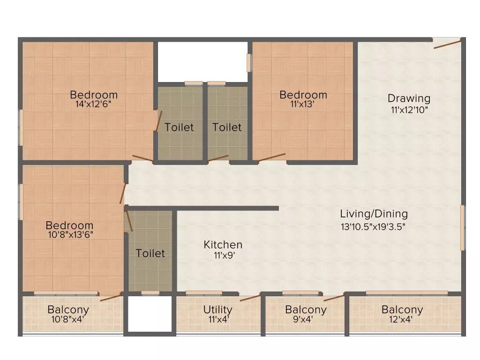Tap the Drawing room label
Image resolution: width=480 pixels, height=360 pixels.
coord(409,98)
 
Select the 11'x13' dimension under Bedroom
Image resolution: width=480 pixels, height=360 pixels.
coord(302,105)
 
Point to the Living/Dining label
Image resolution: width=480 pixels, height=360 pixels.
coord(374,214)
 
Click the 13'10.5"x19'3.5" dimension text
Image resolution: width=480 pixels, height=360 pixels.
coord(374,226)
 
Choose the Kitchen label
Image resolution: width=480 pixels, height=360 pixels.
coord(223,245)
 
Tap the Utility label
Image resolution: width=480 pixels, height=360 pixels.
coord(217,309)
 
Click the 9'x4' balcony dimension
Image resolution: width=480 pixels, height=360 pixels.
coord(305,320)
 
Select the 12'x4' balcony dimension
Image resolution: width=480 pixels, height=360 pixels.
coord(402,320)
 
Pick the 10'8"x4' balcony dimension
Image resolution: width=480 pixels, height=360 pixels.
coord(68,320)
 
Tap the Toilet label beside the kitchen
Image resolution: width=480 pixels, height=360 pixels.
coord(150,253)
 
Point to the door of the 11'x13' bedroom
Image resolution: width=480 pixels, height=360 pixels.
coord(272,157)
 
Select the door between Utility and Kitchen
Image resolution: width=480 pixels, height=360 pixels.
coord(250,297)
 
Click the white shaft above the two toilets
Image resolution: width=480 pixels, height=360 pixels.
coord(202,61)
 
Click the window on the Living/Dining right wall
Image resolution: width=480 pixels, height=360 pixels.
coord(462,227)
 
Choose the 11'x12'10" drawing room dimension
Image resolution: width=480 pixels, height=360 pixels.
coord(409,110)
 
